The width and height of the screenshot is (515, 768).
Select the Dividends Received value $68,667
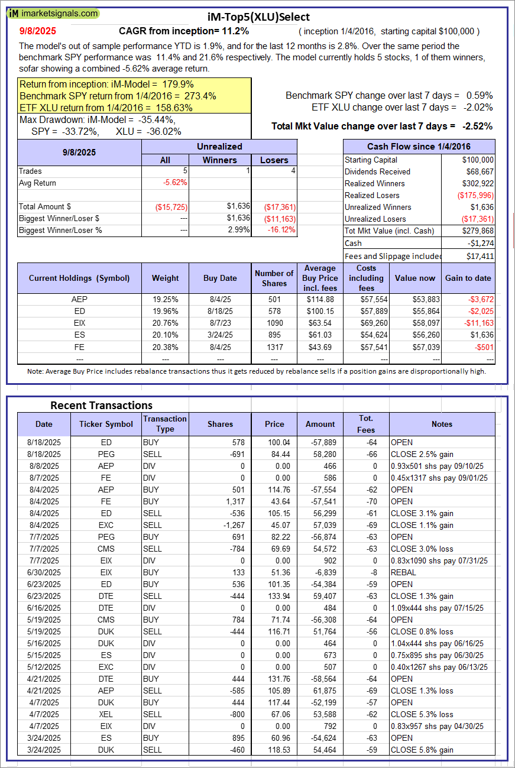point(478,171)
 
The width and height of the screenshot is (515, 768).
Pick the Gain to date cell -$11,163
point(475,323)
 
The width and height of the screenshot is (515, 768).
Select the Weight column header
point(165,278)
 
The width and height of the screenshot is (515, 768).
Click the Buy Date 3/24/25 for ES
point(220,335)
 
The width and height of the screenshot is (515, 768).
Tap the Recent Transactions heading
point(101,405)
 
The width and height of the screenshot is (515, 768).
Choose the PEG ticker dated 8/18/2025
point(106,454)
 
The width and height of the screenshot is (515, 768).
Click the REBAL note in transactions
point(403,572)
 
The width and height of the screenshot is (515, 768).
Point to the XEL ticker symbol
point(106,714)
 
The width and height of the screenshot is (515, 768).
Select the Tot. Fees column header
point(366,424)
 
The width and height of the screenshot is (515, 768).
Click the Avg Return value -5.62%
point(175,183)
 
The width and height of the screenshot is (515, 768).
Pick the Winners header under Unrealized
point(219,160)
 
